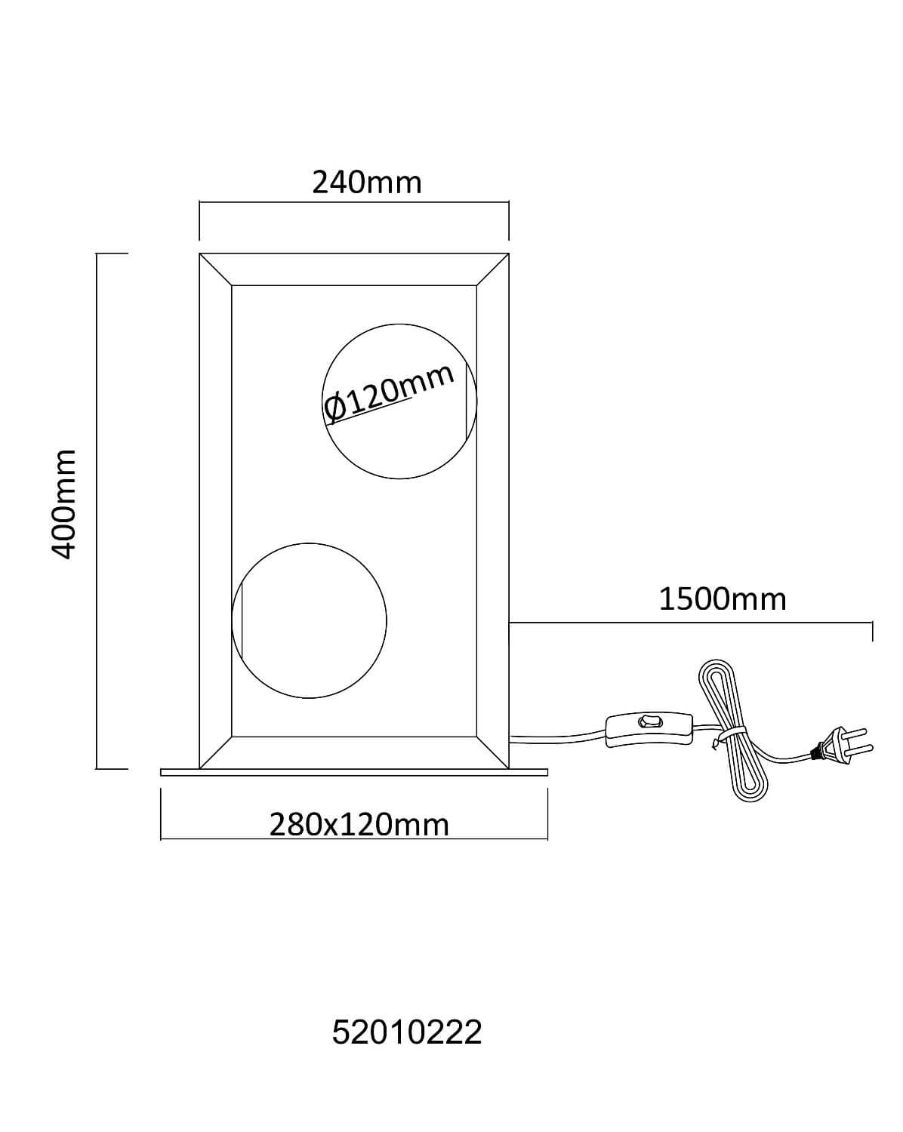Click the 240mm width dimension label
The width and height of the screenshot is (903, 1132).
pos(367,183)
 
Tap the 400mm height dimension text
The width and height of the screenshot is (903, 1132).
pos(64,503)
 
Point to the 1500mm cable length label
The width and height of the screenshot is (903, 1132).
pos(722,599)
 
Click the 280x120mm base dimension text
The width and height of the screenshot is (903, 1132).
pos(359,824)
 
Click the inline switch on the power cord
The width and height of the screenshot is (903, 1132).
pos(649,729)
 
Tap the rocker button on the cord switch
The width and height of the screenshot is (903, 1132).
pos(649,721)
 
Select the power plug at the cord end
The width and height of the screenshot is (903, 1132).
pos(843,745)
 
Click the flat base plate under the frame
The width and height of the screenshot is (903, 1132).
pos(354,772)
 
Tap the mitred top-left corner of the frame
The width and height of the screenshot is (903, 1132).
pos(216,270)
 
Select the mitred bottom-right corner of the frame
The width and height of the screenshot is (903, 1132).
pos(492,752)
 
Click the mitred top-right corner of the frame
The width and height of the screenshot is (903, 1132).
pos(492,270)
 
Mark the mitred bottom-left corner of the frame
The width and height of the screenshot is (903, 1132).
pos(216,752)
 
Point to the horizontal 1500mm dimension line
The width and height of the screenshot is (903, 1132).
pos(691,623)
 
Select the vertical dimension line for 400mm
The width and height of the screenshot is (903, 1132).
pos(97,511)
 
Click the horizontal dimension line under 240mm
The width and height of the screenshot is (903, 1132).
pos(354,201)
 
